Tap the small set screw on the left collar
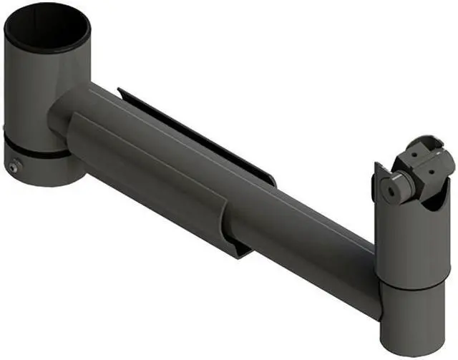coord(15,166)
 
